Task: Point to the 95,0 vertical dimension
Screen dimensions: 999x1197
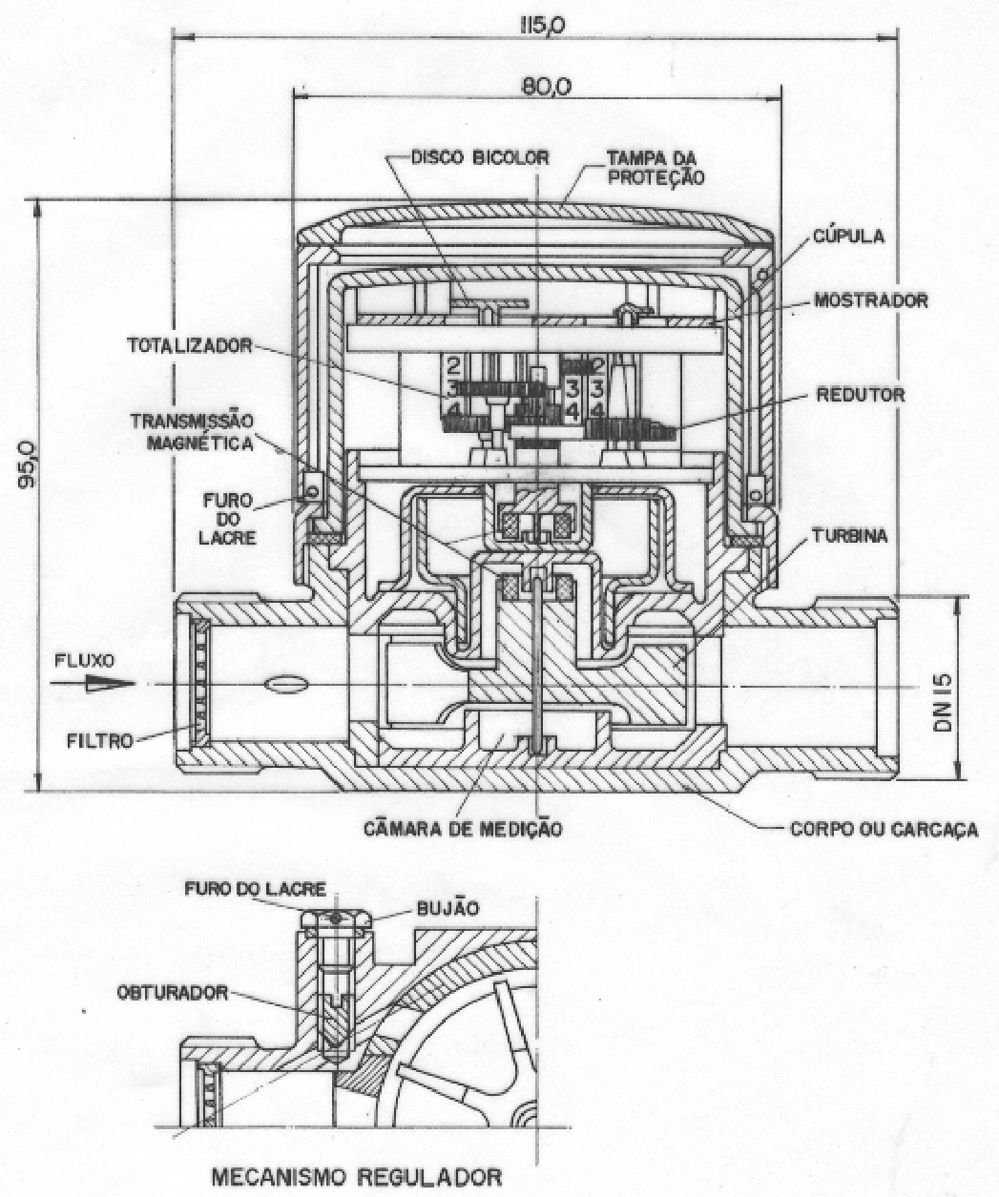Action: [x=26, y=464]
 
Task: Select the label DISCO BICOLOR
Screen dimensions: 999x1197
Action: [x=480, y=157]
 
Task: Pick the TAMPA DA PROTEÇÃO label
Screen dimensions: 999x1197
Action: [x=656, y=168]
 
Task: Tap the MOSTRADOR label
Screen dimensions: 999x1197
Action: [x=870, y=300]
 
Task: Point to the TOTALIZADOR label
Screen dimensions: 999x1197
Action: [x=190, y=345]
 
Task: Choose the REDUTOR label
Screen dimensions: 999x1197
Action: [x=861, y=395]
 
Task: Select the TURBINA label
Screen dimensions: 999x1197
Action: [x=850, y=536]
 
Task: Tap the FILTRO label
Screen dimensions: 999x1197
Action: [x=101, y=741]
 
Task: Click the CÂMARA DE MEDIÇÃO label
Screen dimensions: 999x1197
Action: [x=464, y=829]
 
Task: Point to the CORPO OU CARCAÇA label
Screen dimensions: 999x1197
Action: [x=885, y=829]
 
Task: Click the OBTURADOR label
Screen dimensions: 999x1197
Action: [x=173, y=992]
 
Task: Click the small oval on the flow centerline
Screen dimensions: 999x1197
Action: [x=285, y=685]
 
